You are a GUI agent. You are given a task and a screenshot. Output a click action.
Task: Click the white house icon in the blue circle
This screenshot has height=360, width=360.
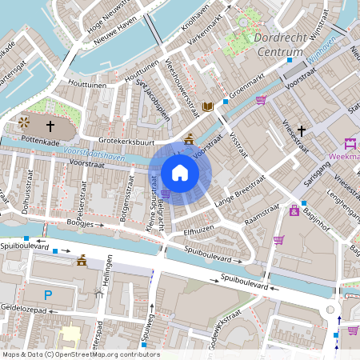tap(180, 172)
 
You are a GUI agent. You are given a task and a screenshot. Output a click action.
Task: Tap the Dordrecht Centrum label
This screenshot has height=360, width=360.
tap(276, 45)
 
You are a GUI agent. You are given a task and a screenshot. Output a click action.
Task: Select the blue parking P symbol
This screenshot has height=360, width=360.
tap(48, 295)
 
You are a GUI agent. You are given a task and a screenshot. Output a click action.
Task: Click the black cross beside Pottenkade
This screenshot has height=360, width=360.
tap(50, 126)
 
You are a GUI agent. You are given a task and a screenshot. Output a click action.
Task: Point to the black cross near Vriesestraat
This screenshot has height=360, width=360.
tap(302, 130)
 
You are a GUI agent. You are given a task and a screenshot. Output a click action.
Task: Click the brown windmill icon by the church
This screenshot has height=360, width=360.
tap(24, 123)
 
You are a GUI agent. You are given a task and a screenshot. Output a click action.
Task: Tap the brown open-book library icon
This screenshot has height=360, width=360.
tap(208, 106)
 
